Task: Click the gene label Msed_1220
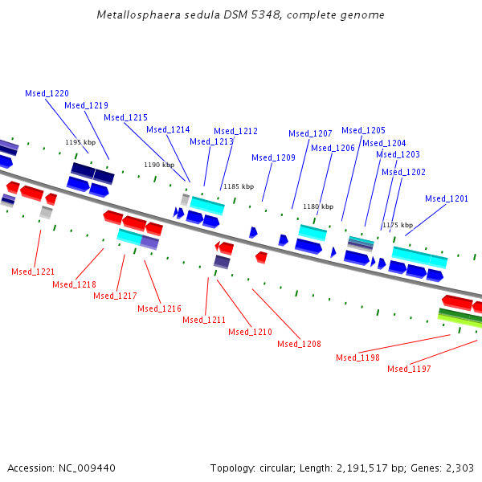(x=47, y=93)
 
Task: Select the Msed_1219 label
(x=86, y=105)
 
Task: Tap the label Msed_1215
(x=125, y=117)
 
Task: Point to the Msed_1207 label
(x=310, y=133)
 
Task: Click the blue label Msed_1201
(x=447, y=198)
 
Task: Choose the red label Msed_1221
(x=33, y=272)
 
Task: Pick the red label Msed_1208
(x=299, y=344)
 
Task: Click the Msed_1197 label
(x=409, y=369)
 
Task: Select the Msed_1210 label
(x=250, y=332)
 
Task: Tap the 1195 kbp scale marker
(x=80, y=142)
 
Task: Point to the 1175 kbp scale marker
(x=398, y=225)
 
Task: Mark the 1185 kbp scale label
(x=239, y=186)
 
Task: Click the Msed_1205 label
(x=363, y=130)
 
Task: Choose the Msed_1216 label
(x=159, y=308)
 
